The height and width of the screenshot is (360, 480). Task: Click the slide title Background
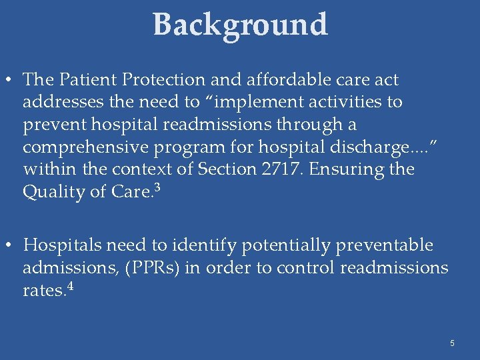click(x=240, y=25)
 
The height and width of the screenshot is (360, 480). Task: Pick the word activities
click(x=335, y=102)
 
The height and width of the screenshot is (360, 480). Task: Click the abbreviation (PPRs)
click(x=151, y=268)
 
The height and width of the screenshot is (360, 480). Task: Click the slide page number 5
click(x=452, y=343)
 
